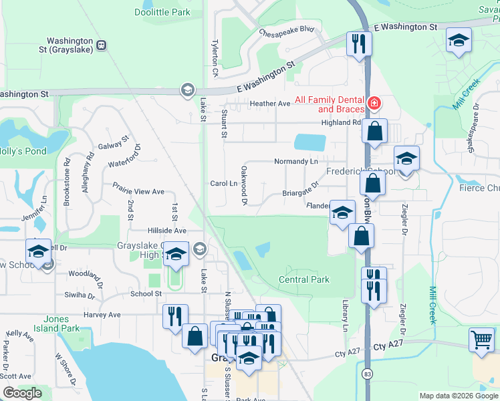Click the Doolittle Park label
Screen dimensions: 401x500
(x=162, y=12)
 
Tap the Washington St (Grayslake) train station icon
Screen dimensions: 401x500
(x=101, y=45)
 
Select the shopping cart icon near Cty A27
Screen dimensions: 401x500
(x=481, y=340)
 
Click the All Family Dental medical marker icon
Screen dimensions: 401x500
(x=374, y=104)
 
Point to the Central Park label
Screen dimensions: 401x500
(x=304, y=279)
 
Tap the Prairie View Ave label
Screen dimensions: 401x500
(x=138, y=191)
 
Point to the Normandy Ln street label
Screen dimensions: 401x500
(x=295, y=162)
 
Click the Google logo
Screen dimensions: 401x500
(x=23, y=393)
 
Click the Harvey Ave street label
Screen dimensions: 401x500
(x=102, y=314)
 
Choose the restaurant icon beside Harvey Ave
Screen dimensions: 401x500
(x=175, y=315)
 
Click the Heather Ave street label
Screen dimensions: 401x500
(x=270, y=104)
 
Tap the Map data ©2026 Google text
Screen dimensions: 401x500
(x=458, y=396)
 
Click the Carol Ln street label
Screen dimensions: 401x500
(x=224, y=183)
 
